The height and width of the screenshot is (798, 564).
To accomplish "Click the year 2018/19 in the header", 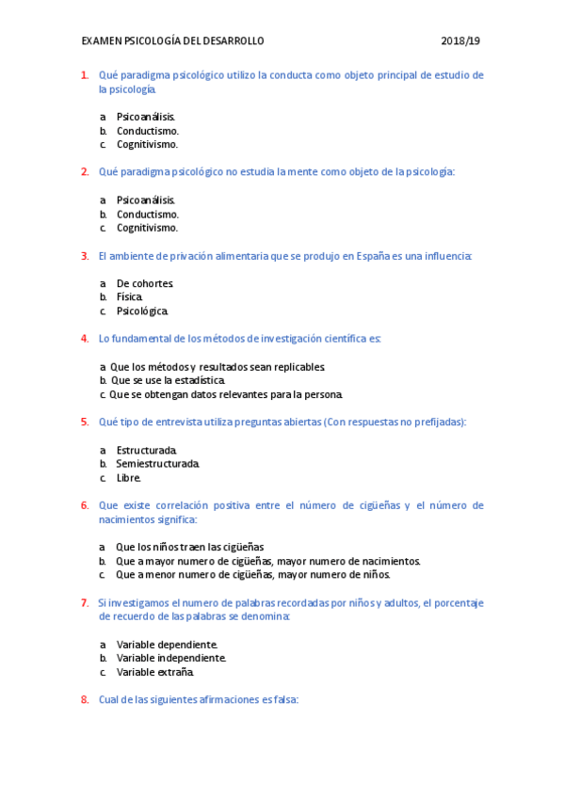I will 460,41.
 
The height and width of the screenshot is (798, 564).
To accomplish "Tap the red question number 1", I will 85,75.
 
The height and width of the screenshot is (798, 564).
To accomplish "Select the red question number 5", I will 85,423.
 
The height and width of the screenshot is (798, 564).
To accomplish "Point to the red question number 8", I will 85,700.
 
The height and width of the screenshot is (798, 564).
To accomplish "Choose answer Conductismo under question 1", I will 147,131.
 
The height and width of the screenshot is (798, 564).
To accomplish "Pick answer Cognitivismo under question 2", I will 147,228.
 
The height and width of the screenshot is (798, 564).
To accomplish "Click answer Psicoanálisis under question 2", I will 146,200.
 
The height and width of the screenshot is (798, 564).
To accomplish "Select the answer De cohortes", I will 144,283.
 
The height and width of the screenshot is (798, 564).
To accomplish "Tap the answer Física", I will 130,297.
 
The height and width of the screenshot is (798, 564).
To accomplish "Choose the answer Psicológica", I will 142,311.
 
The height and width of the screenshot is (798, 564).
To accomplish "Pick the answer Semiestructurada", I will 157,464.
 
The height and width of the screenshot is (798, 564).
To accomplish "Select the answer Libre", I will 128,478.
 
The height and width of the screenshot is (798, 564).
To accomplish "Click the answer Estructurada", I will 146,451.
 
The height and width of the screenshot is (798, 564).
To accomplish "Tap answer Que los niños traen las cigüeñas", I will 189,547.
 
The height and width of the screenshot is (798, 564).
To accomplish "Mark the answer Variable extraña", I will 154,672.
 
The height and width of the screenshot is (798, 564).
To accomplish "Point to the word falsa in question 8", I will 282,700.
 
